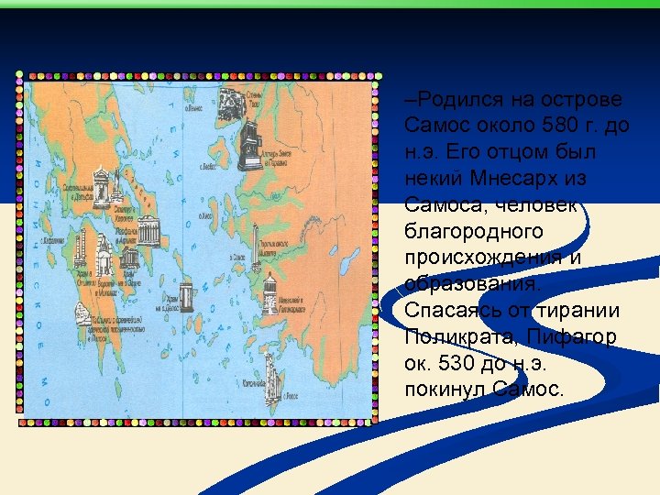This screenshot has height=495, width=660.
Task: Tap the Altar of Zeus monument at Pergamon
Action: [x=248, y=146]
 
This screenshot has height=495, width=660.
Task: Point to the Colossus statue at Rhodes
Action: [x=273, y=370]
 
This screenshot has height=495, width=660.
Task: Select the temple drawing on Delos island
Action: [x=187, y=295]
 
